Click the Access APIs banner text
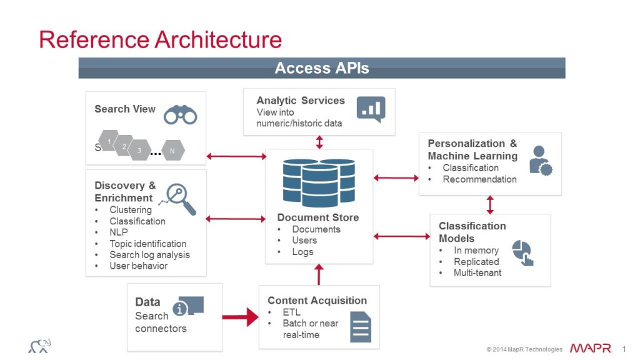point(321,68)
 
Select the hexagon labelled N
point(172,151)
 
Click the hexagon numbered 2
point(124,146)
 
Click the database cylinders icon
point(319,183)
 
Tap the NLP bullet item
point(118,232)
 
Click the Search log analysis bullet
point(149,255)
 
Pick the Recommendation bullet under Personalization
point(479,179)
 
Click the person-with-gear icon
point(540,160)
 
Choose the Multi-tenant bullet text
point(477,273)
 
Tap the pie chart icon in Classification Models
point(522,253)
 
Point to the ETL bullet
point(291,312)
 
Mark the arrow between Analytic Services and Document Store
point(319,142)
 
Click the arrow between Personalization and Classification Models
point(490,204)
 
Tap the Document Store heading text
point(318,217)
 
